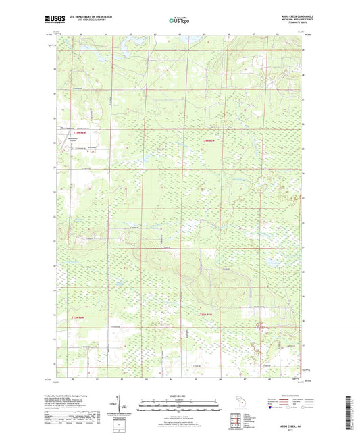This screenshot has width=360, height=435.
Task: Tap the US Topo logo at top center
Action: tap(178, 21)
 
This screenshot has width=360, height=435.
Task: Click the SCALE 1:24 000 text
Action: tap(179, 396)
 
